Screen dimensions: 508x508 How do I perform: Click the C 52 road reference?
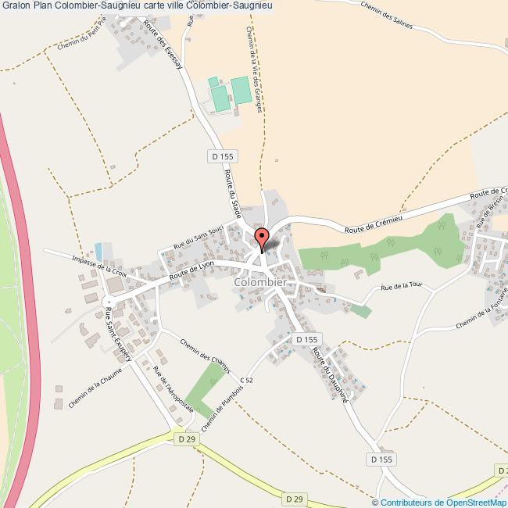247,380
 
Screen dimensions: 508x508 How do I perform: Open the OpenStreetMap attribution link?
444,502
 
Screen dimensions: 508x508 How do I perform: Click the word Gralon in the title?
16,5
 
